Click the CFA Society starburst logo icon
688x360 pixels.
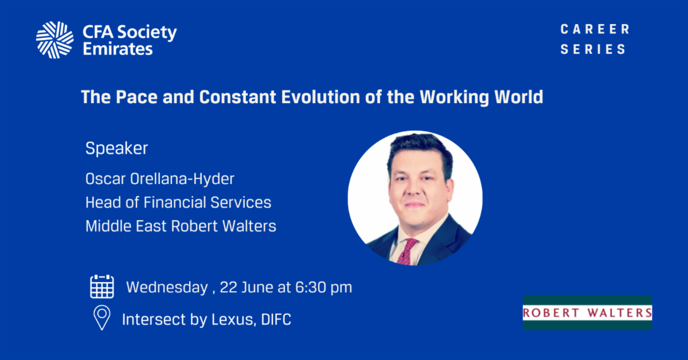click(x=54, y=40)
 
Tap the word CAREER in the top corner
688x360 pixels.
click(x=595, y=29)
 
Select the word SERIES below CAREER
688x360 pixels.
click(x=593, y=49)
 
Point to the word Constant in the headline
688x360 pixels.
click(x=238, y=97)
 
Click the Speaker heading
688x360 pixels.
click(x=117, y=148)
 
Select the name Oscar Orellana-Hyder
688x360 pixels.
click(x=160, y=179)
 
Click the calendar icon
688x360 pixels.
click(x=102, y=287)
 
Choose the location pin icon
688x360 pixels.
click(x=102, y=318)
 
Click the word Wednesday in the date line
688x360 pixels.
click(x=167, y=288)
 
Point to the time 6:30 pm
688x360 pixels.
click(x=324, y=288)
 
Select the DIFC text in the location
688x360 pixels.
click(x=276, y=319)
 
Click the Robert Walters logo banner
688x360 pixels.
click(x=587, y=312)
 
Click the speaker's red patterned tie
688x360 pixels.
click(x=407, y=251)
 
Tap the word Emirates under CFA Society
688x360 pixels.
click(x=118, y=49)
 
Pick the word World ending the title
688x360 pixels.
click(x=519, y=97)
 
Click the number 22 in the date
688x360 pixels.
click(x=229, y=288)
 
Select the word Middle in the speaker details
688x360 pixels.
click(x=108, y=226)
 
